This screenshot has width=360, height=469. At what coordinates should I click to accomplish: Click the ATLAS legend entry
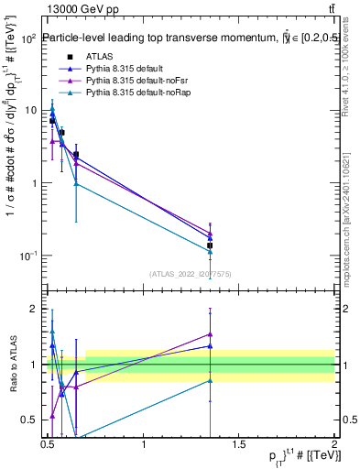[98, 56]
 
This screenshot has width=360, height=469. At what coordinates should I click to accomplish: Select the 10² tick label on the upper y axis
[28, 39]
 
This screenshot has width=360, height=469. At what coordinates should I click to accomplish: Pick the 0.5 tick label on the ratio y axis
[29, 420]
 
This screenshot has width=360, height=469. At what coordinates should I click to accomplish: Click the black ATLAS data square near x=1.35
[210, 245]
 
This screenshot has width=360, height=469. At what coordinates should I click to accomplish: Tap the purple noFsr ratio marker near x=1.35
[210, 334]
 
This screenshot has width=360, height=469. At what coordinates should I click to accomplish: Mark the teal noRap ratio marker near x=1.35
[210, 380]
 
